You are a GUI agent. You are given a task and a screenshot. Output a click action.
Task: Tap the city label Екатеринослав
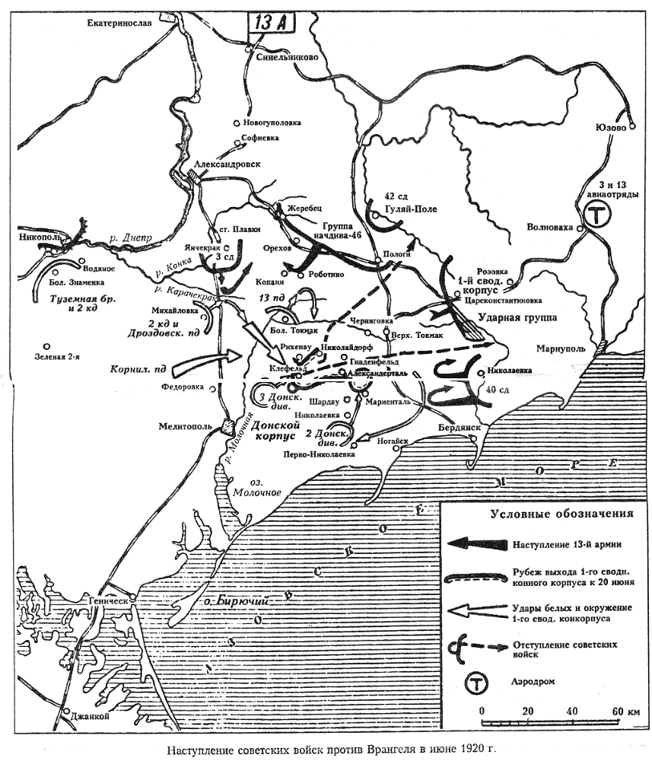click(119, 24)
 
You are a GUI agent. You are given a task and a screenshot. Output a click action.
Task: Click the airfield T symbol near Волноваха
click(598, 215)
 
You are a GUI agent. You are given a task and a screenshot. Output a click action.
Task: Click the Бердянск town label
click(462, 428)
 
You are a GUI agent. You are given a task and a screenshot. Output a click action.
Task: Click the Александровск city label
click(227, 164)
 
